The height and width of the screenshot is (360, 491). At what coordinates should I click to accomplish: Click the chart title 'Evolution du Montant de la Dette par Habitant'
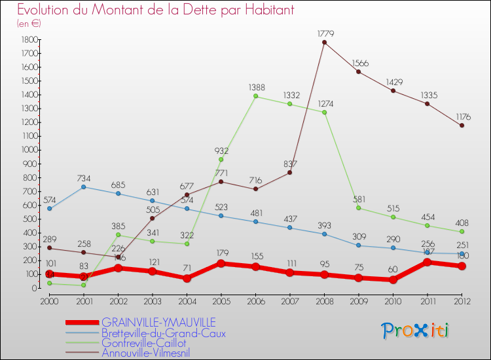pos(156,10)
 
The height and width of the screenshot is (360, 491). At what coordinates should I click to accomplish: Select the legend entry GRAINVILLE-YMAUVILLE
pos(158,322)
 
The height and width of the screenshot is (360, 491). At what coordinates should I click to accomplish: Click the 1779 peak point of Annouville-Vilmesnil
pos(324,43)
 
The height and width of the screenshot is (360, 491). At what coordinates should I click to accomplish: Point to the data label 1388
pos(257,87)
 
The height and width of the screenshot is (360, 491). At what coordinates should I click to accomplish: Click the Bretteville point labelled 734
pos(83,187)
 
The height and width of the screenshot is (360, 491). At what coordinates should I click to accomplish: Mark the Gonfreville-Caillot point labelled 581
pos(358,207)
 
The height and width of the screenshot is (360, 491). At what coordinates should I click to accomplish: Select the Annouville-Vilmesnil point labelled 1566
pos(358,71)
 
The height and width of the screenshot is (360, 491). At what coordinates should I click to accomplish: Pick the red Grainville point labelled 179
pos(221,263)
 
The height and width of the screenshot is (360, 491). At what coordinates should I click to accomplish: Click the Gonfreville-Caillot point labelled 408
pos(462,232)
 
